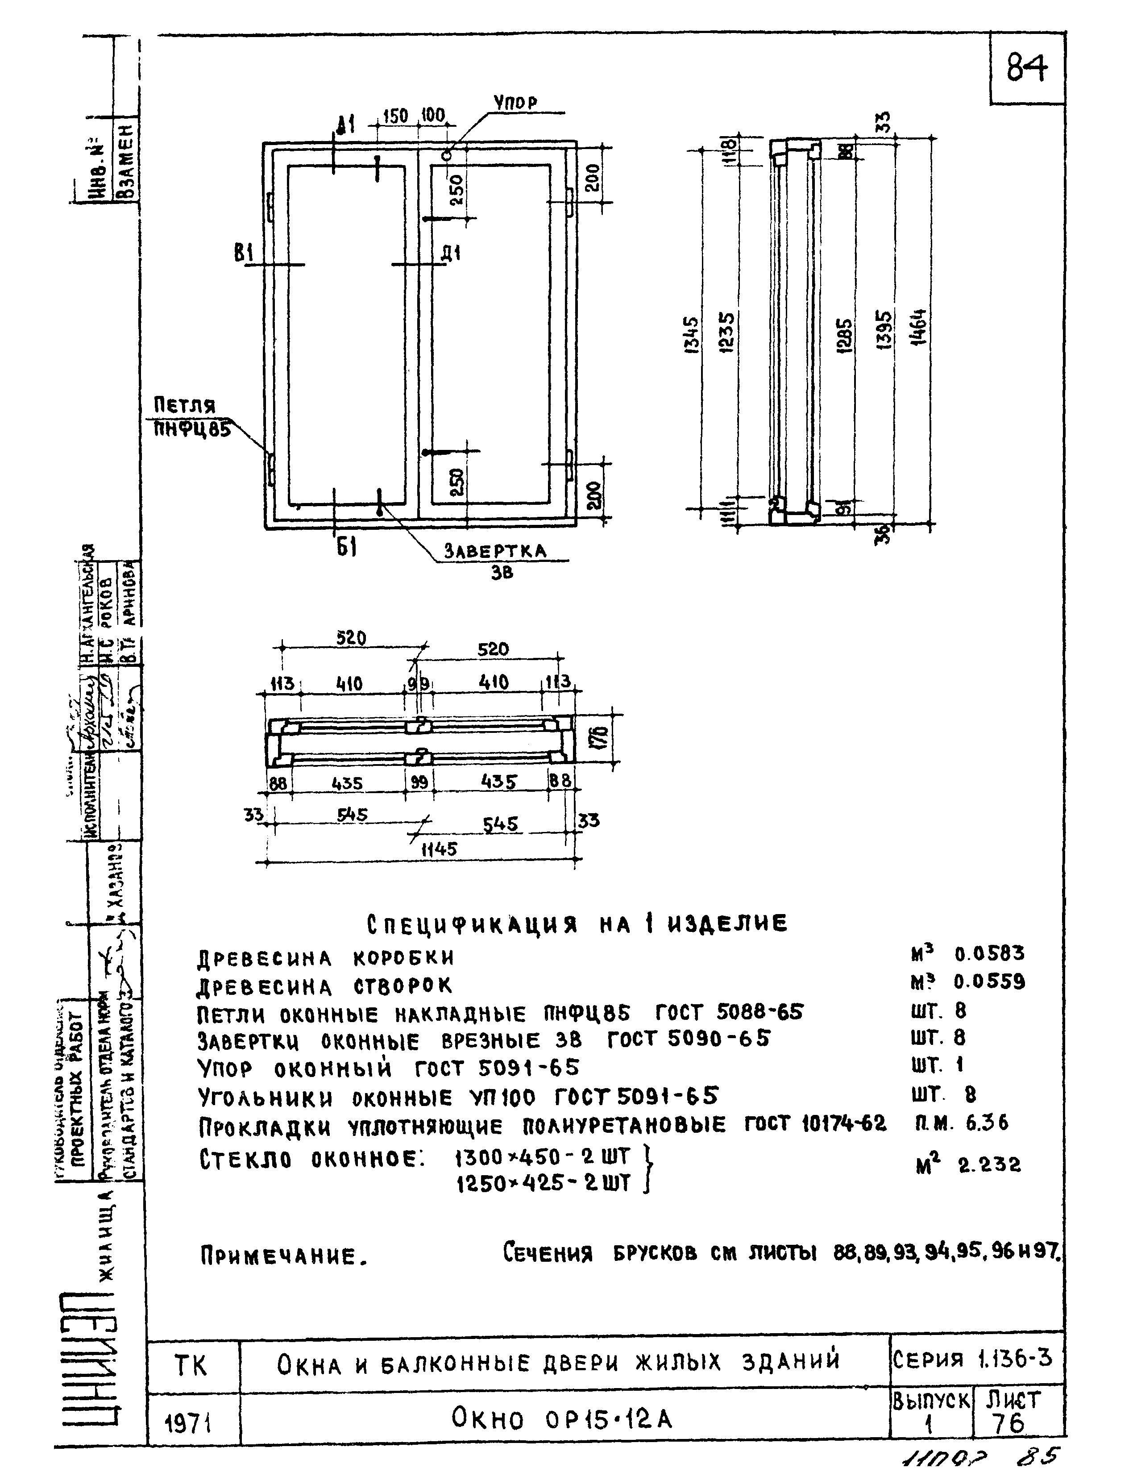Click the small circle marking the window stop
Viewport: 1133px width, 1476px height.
click(x=446, y=156)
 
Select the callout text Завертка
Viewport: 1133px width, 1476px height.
click(x=495, y=551)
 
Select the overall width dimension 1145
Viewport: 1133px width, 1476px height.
click(x=439, y=850)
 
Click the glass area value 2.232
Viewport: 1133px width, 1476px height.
click(x=989, y=1165)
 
